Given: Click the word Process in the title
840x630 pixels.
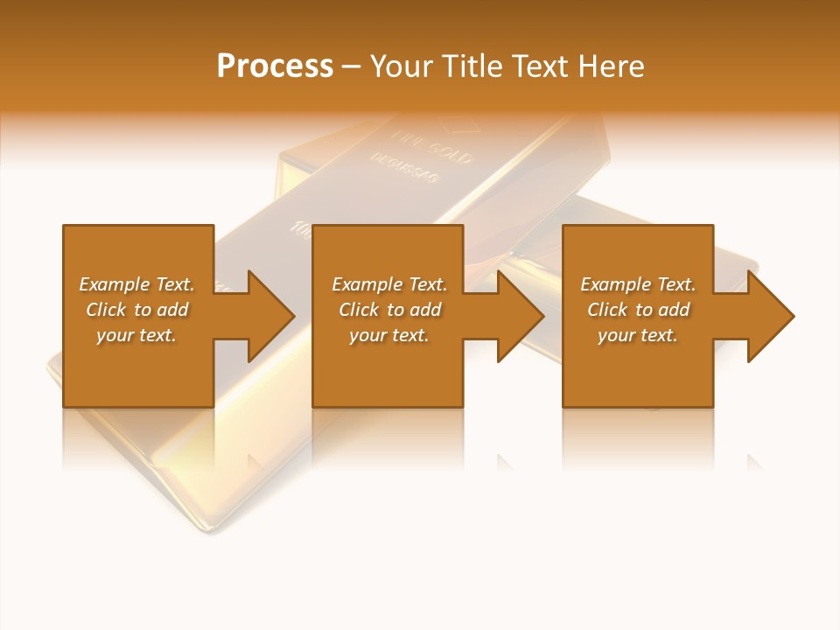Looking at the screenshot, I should (x=275, y=66).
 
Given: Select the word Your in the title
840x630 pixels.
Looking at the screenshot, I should (x=403, y=66).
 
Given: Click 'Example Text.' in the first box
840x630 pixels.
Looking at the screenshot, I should (x=136, y=284).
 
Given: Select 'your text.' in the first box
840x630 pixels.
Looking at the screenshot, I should (x=136, y=335).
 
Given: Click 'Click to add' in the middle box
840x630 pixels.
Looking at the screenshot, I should (x=389, y=310).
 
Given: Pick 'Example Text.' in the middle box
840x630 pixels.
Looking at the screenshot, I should (x=389, y=284).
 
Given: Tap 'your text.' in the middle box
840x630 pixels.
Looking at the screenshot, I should (x=389, y=335).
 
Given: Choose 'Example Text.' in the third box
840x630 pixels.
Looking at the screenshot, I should (x=638, y=284).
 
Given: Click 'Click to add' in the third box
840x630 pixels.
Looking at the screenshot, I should (x=638, y=310).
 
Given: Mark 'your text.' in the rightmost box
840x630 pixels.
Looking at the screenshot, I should (x=638, y=335).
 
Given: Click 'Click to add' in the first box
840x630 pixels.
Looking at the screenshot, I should (x=136, y=310).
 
